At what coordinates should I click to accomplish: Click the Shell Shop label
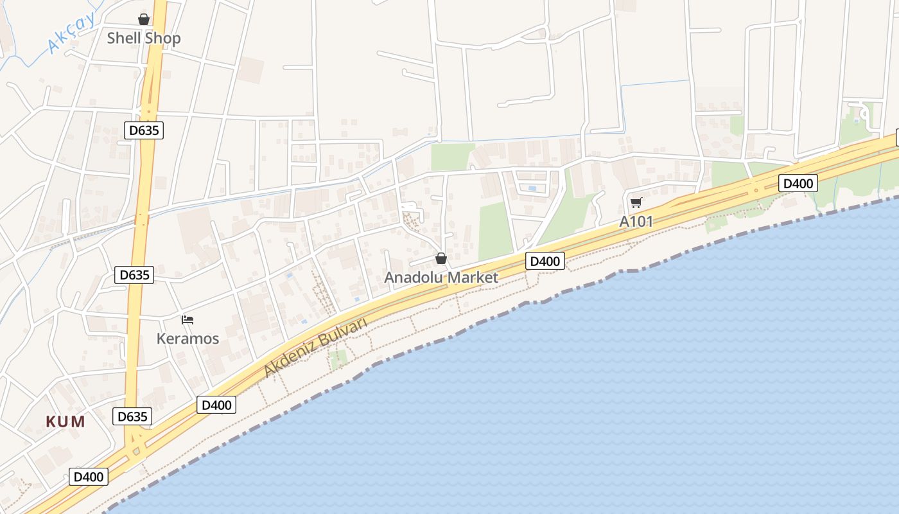point(144,38)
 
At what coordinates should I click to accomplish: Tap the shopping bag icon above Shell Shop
point(144,19)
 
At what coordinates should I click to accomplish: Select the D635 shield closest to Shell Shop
point(144,130)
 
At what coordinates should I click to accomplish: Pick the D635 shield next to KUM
point(132,416)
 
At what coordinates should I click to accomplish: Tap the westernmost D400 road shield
point(89,477)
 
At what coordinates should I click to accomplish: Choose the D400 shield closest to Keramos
point(216,405)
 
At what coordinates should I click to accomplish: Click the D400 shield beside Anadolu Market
point(545,261)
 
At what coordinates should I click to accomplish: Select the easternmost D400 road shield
point(798,183)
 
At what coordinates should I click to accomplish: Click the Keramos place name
point(188,339)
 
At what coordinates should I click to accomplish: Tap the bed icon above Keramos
point(188,319)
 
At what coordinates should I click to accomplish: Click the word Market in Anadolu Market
point(474,278)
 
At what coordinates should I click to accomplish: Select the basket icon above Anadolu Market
point(441,258)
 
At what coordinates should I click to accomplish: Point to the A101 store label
point(636,222)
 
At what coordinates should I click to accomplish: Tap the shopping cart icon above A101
point(636,203)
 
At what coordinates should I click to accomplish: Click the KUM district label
point(65,421)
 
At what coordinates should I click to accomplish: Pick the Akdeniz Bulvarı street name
point(315,347)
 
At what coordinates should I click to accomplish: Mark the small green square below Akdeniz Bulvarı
point(338,357)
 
